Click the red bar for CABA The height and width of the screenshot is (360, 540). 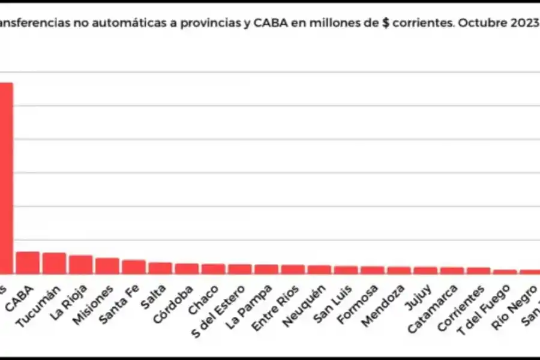coord(28,262)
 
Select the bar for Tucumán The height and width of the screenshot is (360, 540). coord(54,263)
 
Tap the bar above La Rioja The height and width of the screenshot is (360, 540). coord(80,264)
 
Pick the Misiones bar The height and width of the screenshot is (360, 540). coord(107,265)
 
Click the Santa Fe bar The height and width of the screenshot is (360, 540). coord(134,266)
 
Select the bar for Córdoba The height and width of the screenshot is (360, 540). coord(187,268)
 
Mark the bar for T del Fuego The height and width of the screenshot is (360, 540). coord(505,271)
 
